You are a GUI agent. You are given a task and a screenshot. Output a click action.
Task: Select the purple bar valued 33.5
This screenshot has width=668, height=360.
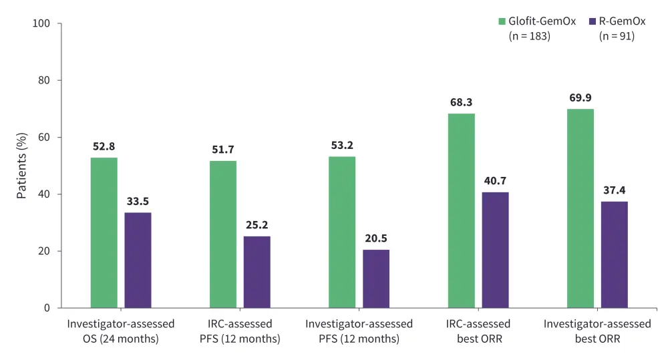click(138, 260)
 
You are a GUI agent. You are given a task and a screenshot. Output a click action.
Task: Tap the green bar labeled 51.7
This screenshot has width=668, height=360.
click(222, 234)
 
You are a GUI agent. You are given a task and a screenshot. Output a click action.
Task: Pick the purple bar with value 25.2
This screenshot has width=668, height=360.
click(257, 272)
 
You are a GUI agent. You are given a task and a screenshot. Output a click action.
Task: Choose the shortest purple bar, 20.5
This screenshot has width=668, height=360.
click(376, 279)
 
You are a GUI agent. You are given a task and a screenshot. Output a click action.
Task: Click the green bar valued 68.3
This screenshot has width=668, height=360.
click(461, 210)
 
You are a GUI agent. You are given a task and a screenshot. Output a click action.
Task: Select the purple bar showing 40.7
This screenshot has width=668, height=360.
click(495, 250)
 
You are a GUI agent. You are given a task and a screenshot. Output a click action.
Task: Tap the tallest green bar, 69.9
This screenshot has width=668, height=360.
click(580, 208)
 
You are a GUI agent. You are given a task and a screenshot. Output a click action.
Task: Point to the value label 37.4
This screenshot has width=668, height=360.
click(614, 190)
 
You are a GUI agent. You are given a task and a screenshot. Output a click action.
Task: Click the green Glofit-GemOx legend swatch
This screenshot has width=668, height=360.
click(502, 21)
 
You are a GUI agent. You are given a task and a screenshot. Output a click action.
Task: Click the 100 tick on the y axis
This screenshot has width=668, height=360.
click(41, 24)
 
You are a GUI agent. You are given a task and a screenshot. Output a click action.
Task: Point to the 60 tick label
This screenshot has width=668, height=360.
click(45, 138)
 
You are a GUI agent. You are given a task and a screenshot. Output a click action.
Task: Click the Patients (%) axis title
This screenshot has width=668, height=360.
click(21, 166)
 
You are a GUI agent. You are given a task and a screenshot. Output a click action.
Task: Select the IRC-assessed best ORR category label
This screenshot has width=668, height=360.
click(478, 331)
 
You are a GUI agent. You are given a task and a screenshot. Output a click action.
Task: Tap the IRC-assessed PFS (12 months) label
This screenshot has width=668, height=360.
click(239, 331)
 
